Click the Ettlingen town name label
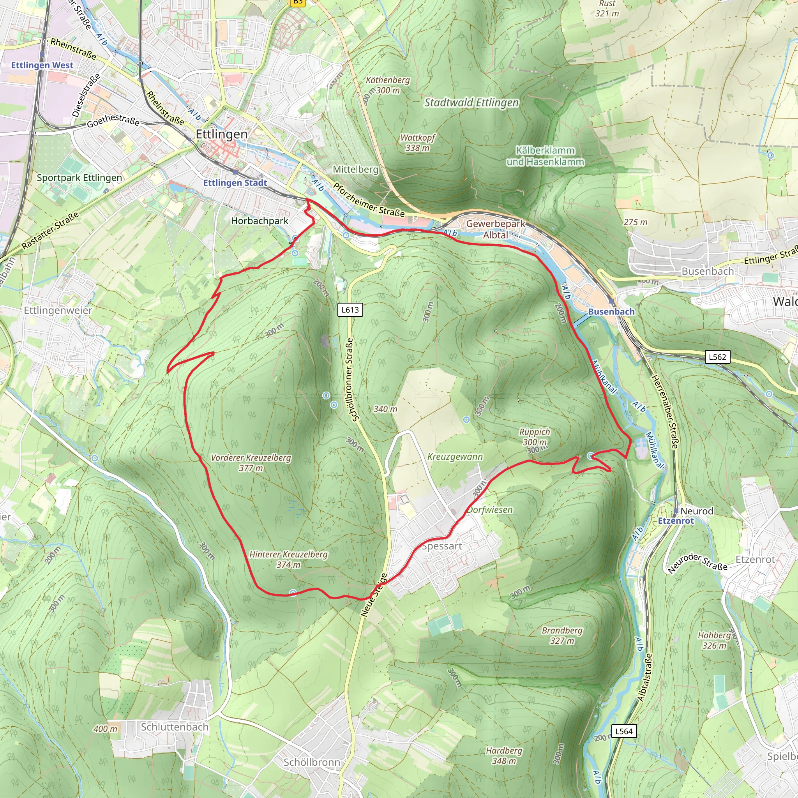(x=221, y=134)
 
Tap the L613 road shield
(x=350, y=310)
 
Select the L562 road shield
(x=717, y=357)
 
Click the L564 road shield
(x=624, y=731)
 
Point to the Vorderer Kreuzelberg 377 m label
(x=251, y=463)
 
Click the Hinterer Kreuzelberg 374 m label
(x=288, y=559)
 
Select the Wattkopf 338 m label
(x=417, y=143)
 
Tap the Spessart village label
(x=441, y=546)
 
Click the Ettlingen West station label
(x=42, y=65)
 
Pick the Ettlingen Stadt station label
(x=235, y=183)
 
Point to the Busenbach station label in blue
(x=611, y=312)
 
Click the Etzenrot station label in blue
(x=676, y=521)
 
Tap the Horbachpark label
(x=260, y=221)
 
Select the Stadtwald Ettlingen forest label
(x=471, y=102)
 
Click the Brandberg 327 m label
(x=562, y=636)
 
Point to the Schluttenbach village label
(x=175, y=727)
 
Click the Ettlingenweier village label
(x=58, y=311)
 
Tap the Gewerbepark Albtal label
(x=496, y=229)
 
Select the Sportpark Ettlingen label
(x=79, y=178)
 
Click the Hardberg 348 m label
(x=504, y=756)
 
